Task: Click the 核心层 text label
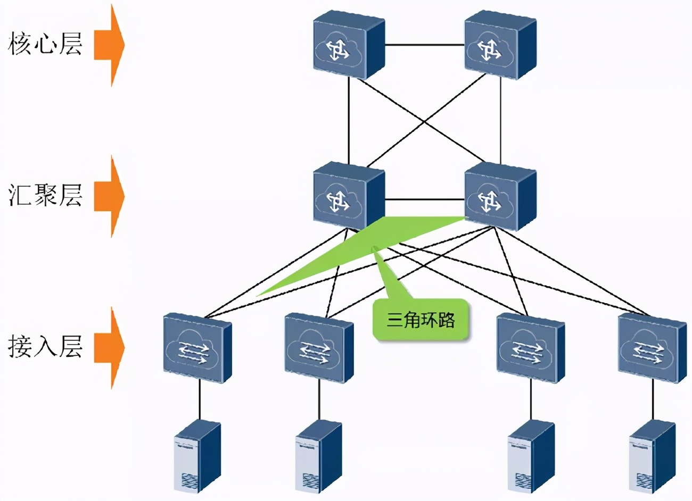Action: [x=45, y=44]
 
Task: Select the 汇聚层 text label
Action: [x=45, y=195]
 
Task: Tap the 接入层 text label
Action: [x=45, y=346]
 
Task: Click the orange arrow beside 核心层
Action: [x=109, y=45]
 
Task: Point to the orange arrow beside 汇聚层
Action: [x=109, y=196]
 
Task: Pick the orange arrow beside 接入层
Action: [x=109, y=347]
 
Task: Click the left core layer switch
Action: [x=348, y=46]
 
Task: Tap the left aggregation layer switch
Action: [x=348, y=197]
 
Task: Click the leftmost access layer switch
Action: [x=197, y=348]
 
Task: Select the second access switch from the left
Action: [x=318, y=348]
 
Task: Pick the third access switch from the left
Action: [x=530, y=348]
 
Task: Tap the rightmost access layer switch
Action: [x=652, y=348]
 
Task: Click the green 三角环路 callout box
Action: [x=421, y=320]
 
